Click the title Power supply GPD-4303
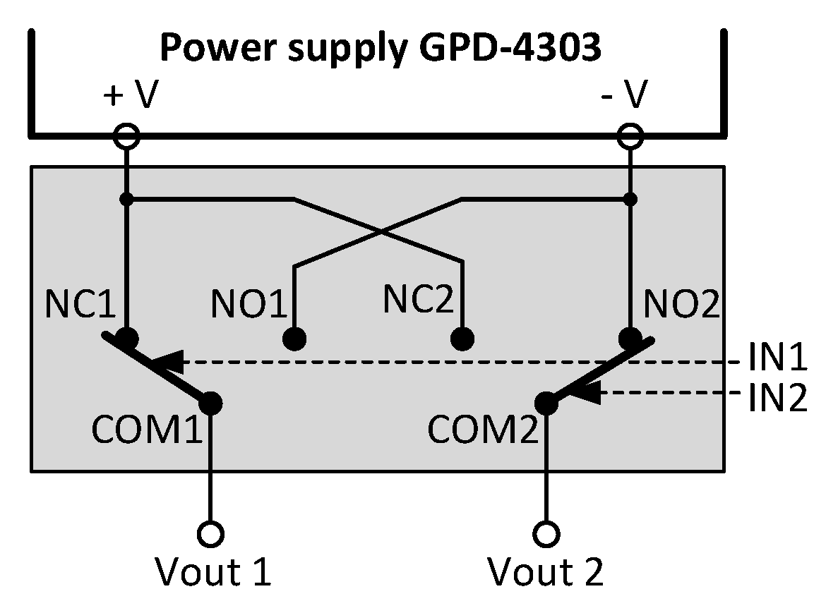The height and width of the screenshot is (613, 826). tap(381, 49)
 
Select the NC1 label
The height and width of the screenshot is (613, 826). tap(80, 304)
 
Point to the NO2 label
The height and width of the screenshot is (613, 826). tap(681, 304)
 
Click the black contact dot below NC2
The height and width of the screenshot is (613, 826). tap(462, 339)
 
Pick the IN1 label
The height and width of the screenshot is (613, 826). tap(777, 359)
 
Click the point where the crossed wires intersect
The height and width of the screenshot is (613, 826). tap(379, 231)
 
